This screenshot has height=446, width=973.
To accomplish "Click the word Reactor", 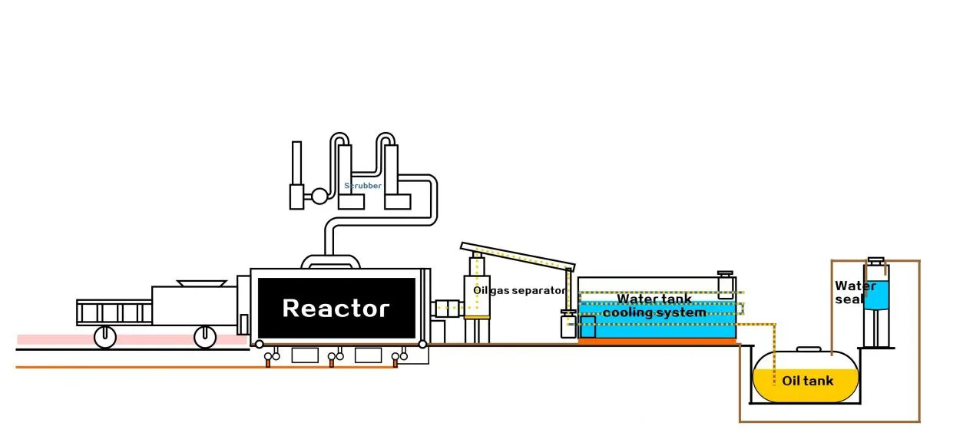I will click(336, 309).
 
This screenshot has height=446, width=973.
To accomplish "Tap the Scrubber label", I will click(362, 186).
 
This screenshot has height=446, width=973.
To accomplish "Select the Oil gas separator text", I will click(519, 291).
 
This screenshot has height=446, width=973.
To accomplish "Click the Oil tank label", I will click(807, 381).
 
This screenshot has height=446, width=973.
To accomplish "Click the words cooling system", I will click(654, 313).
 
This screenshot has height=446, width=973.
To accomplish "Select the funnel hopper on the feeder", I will click(201, 283).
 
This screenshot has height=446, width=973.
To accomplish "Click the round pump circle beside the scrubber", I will click(319, 197).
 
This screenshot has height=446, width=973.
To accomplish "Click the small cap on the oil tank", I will click(808, 349).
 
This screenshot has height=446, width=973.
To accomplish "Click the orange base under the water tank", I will click(657, 342).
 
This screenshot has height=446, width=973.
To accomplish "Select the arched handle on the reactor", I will click(331, 261).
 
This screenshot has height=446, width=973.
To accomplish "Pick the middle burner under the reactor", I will click(332, 358).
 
